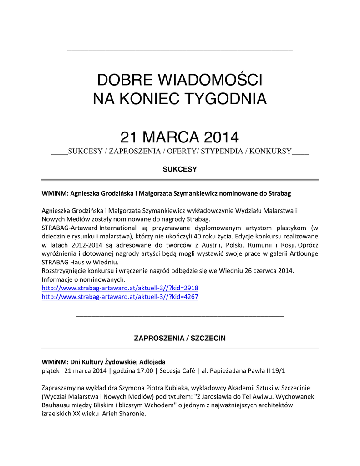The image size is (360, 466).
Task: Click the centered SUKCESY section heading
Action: click(x=180, y=169)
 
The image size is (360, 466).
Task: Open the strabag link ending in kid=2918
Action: click(x=120, y=288)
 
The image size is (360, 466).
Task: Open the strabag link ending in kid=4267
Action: click(x=120, y=297)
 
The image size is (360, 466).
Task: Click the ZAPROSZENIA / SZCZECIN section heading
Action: click(x=179, y=339)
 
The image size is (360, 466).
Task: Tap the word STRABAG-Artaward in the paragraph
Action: click(x=70, y=228)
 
